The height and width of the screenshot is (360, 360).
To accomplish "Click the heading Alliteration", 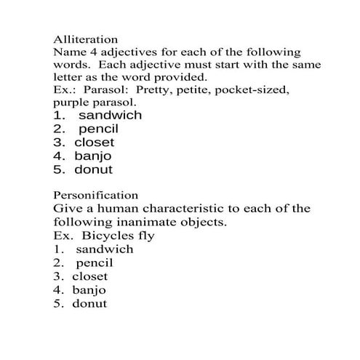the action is point(86,39).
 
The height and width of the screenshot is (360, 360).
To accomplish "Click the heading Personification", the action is point(95,195).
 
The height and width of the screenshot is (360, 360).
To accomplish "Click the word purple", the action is point(72,103).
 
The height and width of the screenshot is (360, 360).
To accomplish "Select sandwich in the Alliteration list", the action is point(110,116).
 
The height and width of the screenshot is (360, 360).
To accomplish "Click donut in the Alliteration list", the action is point(93,170).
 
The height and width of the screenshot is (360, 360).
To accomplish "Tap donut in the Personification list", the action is point(89,303).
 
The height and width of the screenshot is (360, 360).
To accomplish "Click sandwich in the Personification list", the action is point(104,249).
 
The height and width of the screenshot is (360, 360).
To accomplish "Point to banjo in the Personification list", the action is point(89,289).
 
